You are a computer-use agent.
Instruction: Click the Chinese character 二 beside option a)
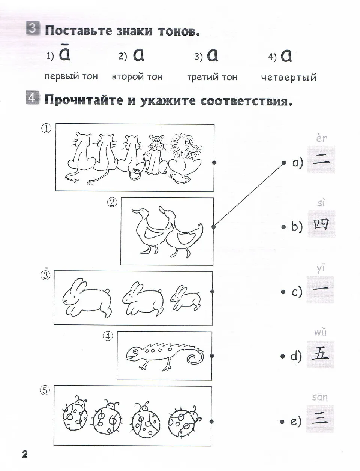[321, 161]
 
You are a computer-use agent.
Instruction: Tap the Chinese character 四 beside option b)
[321, 224]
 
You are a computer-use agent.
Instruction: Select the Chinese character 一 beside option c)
[321, 289]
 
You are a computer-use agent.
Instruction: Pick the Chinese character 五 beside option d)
[321, 353]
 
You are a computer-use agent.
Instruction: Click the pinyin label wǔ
[321, 332]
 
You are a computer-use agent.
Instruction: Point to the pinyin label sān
[320, 397]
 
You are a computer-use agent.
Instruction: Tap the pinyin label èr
[321, 138]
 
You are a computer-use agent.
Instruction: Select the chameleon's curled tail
[195, 358]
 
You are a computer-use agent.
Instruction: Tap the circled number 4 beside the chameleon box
[108, 336]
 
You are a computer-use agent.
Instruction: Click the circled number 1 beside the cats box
[46, 129]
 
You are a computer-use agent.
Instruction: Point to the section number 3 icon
[33, 29]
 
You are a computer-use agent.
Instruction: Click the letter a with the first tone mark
[64, 54]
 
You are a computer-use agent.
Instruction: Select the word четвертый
[289, 78]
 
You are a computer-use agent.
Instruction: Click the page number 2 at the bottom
[25, 454]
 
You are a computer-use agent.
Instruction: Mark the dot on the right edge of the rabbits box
[213, 292]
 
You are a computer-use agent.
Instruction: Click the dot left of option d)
[283, 356]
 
